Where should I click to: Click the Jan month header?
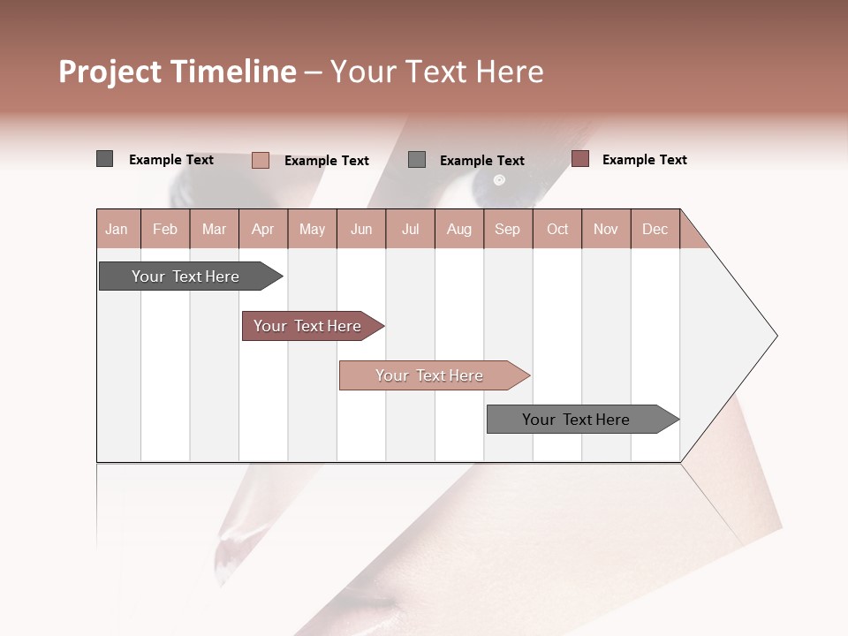117,229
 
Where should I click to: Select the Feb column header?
165,229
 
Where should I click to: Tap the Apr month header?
263,229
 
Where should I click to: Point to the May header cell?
312,229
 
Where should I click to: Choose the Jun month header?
361,229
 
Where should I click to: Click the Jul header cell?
410,229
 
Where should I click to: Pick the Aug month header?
459,229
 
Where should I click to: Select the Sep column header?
508,229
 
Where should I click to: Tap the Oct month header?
557,229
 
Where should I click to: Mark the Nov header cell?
606,229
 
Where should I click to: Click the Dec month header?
655,229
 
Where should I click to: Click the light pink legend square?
261,160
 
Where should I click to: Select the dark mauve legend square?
579,159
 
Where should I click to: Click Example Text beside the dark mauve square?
644,160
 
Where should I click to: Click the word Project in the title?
110,72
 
